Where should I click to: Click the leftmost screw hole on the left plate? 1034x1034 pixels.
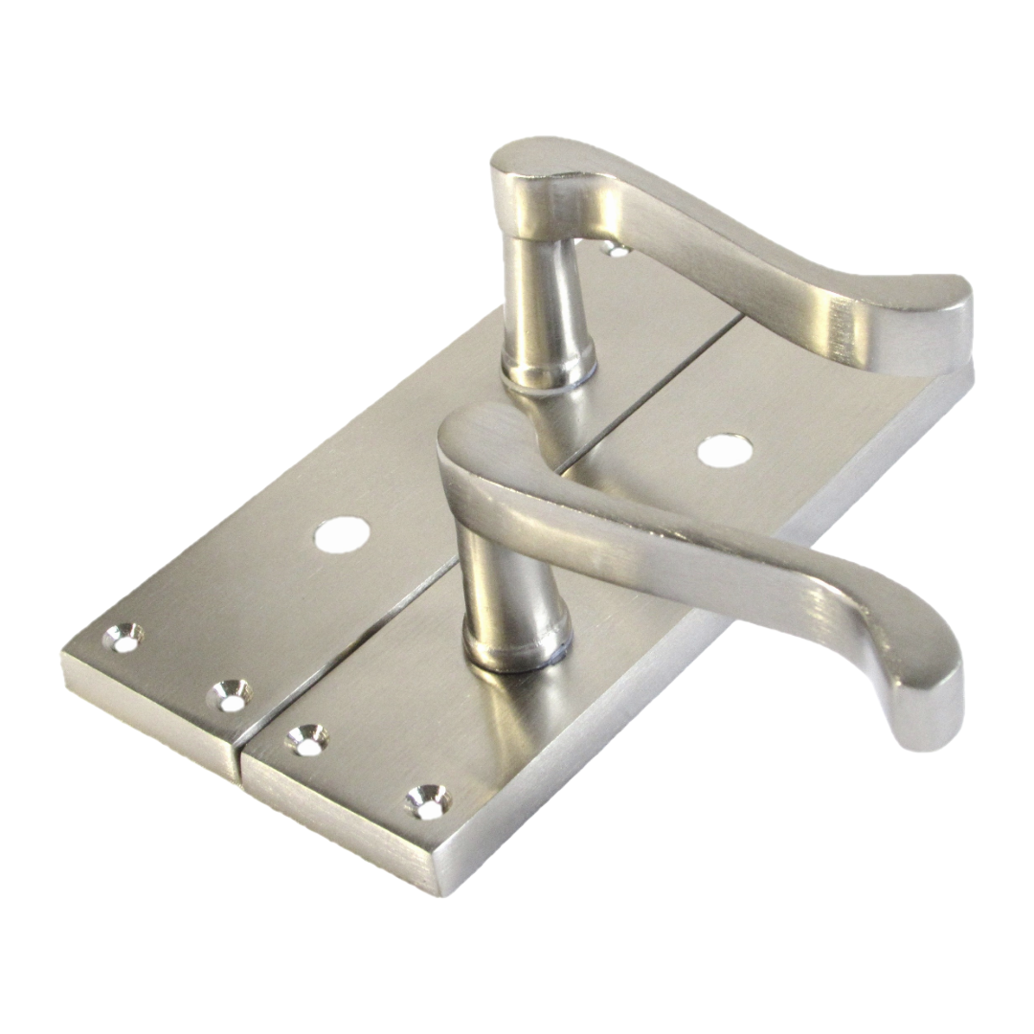(x=124, y=638)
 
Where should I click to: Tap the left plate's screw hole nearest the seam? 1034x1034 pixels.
(x=231, y=695)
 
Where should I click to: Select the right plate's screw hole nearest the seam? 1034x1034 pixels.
(x=307, y=739)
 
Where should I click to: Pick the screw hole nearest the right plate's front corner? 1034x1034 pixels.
(x=426, y=800)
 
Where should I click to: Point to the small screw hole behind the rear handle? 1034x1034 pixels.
(x=616, y=250)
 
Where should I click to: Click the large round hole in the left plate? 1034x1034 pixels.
(x=342, y=534)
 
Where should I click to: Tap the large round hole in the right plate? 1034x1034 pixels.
(x=724, y=450)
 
